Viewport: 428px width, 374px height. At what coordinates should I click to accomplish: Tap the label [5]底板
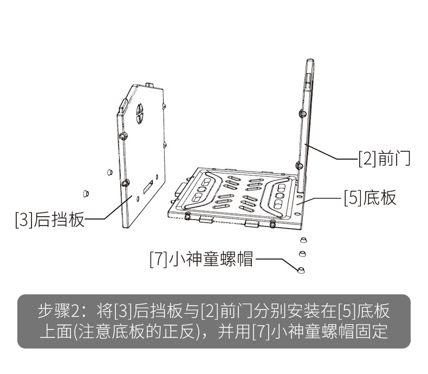pyautogui.click(x=371, y=197)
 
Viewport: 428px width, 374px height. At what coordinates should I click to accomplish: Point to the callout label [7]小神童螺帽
pyautogui.click(x=202, y=259)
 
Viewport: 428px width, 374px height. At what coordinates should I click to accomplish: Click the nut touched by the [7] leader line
pyautogui.click(x=302, y=269)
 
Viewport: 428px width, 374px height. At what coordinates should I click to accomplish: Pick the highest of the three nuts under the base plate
pyautogui.click(x=302, y=240)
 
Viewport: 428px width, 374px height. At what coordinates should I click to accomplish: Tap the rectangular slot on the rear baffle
pyautogui.click(x=147, y=189)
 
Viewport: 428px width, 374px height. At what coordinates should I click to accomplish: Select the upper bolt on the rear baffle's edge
pyautogui.click(x=124, y=134)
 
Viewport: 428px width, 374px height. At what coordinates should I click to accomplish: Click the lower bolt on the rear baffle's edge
pyautogui.click(x=126, y=183)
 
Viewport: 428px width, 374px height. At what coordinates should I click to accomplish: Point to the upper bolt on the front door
pyautogui.click(x=301, y=114)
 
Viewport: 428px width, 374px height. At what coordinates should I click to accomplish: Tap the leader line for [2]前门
pyautogui.click(x=330, y=153)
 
